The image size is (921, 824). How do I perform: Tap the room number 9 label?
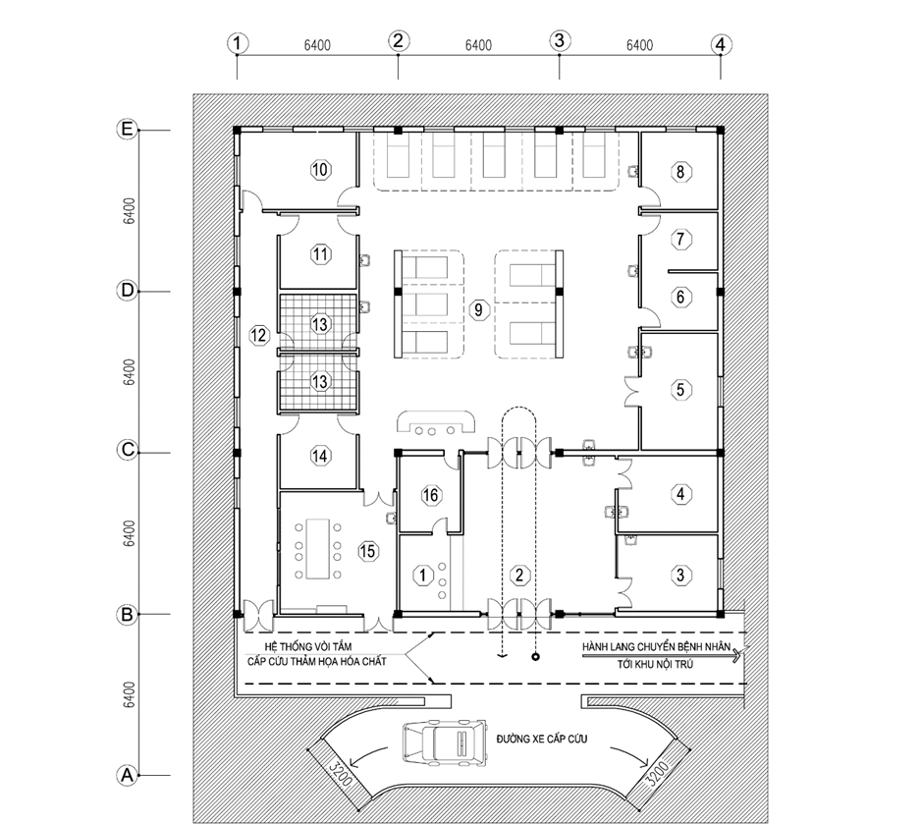click(479, 309)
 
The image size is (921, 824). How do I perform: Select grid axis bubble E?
click(127, 130)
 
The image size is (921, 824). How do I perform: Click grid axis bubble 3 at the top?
click(560, 40)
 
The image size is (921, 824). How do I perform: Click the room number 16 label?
click(430, 495)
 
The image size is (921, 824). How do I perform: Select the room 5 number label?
click(680, 389)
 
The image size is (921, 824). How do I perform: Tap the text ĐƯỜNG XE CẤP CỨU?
click(542, 739)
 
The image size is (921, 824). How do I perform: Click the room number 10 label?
click(320, 170)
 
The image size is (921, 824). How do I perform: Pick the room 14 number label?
click(320, 456)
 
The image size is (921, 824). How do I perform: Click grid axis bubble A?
click(127, 775)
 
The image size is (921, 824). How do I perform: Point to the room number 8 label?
click(680, 172)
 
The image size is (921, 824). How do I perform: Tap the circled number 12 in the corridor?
click(259, 335)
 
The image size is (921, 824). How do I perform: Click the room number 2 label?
click(519, 575)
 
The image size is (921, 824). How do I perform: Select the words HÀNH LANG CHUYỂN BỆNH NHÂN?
click(657, 647)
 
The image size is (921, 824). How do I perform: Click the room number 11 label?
click(320, 254)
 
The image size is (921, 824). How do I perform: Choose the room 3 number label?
click(680, 575)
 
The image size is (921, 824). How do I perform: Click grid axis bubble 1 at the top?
click(238, 43)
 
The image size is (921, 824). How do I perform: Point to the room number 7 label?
click(680, 239)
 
